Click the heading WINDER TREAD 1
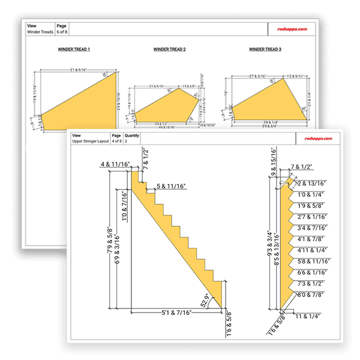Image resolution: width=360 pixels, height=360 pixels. (73, 49)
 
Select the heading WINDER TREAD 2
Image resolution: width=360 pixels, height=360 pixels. (169, 49)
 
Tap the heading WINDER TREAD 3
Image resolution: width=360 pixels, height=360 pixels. (265, 49)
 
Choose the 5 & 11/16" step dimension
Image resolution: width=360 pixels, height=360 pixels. (170, 187)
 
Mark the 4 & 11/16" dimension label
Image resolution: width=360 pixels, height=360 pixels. (115, 164)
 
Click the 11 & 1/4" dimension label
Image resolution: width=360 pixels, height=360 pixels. (308, 316)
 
